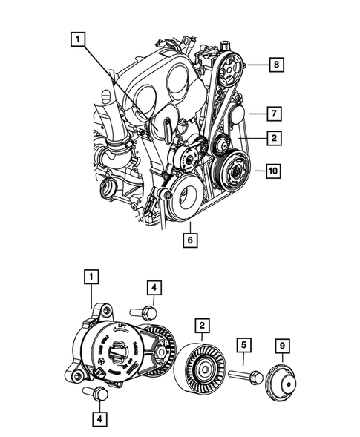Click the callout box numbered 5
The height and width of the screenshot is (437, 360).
tap(243, 345)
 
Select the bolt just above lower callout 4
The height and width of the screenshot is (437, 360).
tap(94, 391)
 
